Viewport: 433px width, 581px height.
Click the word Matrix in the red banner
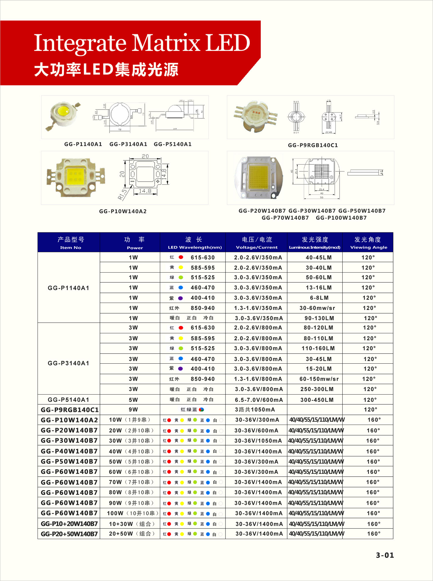pyautogui.click(x=166, y=43)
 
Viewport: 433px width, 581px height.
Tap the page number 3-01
pyautogui.click(x=385, y=555)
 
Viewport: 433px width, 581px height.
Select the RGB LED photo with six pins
pyautogui.click(x=255, y=117)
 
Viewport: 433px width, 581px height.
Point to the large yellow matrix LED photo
pyautogui.click(x=259, y=177)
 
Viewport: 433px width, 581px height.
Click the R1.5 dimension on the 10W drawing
pyautogui.click(x=122, y=195)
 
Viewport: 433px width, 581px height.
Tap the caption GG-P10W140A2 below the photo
pyautogui.click(x=123, y=211)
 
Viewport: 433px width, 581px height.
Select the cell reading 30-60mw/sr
pyautogui.click(x=317, y=308)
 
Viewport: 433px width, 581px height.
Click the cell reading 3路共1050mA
pyautogui.click(x=255, y=410)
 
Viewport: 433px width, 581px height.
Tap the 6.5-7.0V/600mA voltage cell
pyautogui.click(x=258, y=400)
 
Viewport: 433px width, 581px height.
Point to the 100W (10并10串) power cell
pyautogui.click(x=132, y=513)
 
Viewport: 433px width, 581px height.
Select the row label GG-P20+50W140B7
pyautogui.click(x=69, y=534)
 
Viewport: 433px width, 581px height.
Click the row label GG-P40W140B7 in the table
pyautogui.click(x=69, y=451)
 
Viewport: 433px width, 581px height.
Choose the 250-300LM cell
pyautogui.click(x=317, y=389)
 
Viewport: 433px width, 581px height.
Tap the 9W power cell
pyautogui.click(x=133, y=410)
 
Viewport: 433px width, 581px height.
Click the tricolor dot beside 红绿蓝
pyautogui.click(x=201, y=410)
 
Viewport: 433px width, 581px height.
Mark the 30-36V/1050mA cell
pyautogui.click(x=258, y=441)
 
